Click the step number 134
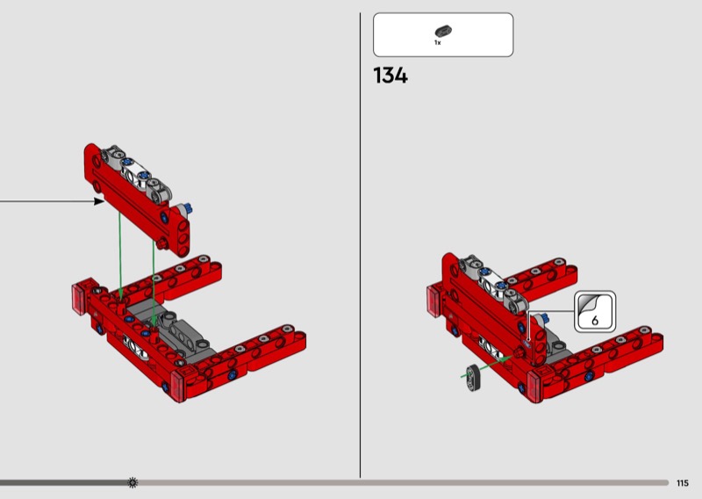[390, 76]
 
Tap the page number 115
[683, 483]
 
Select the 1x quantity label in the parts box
[437, 42]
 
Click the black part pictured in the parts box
[443, 31]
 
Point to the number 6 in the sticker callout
[595, 320]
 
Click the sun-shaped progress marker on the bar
[133, 482]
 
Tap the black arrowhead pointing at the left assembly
[99, 201]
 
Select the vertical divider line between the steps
[360, 245]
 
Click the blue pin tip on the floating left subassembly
[189, 208]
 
